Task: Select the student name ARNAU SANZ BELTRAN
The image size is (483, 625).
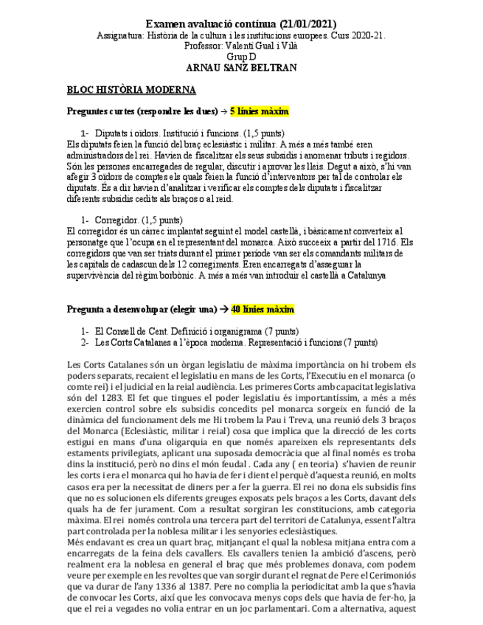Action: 241,68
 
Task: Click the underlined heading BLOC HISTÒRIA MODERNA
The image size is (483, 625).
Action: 131,90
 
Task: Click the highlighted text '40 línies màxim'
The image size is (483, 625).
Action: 263,309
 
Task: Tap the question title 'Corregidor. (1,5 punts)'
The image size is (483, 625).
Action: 139,220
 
